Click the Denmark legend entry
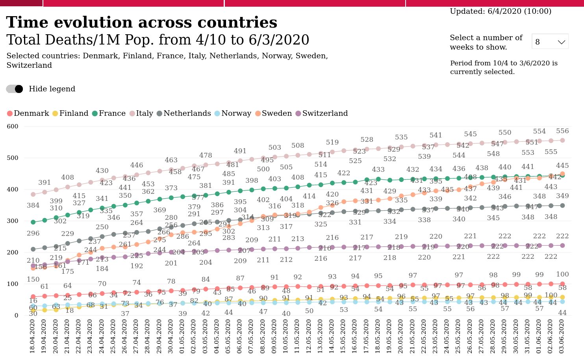point(28,113)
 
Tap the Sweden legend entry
point(273,113)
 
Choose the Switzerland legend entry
point(321,113)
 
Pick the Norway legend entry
point(232,113)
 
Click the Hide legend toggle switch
point(15,89)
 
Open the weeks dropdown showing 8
point(550,42)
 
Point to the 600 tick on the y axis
point(13,126)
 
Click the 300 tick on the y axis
point(13,221)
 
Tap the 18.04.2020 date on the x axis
point(33,336)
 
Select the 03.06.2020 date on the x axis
point(562,336)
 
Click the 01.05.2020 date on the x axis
point(182,336)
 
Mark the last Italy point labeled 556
point(562,140)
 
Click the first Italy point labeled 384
point(33,194)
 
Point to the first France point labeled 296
point(33,222)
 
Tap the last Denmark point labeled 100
point(562,284)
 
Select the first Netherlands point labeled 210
point(33,249)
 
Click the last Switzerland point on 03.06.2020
point(562,245)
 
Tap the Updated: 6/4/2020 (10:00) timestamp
point(501,11)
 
